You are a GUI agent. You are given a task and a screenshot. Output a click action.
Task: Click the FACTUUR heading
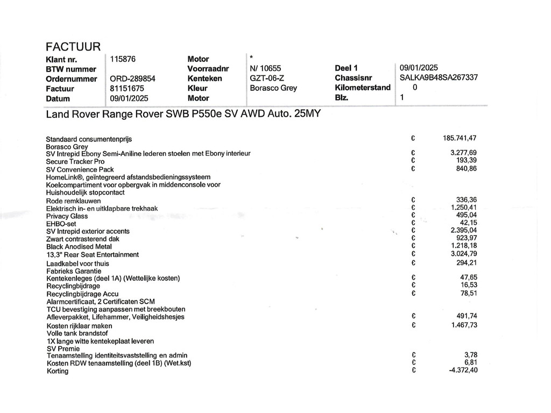pos(73,47)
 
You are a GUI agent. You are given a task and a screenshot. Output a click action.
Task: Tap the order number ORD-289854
pos(132,79)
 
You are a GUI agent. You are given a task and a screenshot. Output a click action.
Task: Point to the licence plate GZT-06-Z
pos(267,78)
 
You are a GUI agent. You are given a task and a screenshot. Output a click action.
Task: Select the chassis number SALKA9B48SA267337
pos(439,77)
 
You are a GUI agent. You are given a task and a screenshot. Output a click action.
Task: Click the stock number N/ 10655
pos(266,68)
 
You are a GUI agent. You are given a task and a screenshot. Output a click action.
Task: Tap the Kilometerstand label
pos(363,88)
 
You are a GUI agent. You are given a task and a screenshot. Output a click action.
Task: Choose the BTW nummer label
pos(71,69)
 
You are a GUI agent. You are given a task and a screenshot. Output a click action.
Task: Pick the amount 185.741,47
pos(460,138)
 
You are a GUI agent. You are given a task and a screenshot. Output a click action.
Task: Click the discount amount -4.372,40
pos(463,370)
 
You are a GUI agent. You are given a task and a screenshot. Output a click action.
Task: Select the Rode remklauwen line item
pos(73,201)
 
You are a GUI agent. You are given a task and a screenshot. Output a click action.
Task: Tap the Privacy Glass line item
pos(67,216)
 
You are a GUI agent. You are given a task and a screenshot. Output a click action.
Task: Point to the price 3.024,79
pos(463,254)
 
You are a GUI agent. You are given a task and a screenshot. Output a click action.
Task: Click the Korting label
pos(58,371)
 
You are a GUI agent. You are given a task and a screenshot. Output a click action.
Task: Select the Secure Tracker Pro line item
pos(75,161)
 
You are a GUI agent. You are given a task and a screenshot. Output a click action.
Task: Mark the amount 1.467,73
pos(463,325)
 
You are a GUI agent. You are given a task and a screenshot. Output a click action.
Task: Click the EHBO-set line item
pos(62,224)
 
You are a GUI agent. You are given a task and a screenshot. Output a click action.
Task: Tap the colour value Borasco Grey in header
pos(273,88)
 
